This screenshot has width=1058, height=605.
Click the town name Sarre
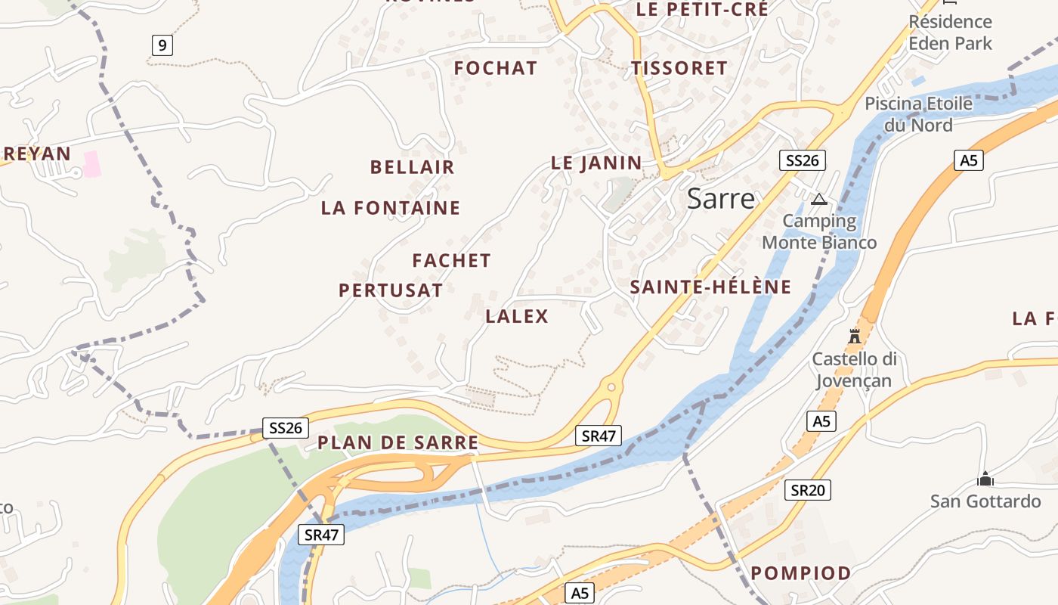pos(720,198)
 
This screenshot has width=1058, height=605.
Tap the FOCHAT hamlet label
pos(496,68)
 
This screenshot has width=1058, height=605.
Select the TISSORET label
pos(679,68)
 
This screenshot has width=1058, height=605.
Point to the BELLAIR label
pos(412,167)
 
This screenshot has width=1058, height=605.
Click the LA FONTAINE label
pos(391,208)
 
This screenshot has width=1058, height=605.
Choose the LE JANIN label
pos(596,163)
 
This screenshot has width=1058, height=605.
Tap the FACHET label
pos(451,261)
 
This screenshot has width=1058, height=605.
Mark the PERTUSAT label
pos(390,290)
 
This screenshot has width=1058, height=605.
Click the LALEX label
pos(517,316)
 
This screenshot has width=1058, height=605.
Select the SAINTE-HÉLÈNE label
pos(710,287)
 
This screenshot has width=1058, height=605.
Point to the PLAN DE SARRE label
pos(398,442)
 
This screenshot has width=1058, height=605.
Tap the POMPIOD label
pos(801,573)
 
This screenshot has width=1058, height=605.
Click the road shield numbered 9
pos(162,45)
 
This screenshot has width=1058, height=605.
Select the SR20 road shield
pos(807,490)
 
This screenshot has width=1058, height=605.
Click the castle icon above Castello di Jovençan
pos(855,336)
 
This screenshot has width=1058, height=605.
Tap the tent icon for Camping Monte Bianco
pos(818,200)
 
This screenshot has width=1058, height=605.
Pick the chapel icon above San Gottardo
pos(985,479)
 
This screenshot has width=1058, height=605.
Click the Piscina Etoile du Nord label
pos(918,113)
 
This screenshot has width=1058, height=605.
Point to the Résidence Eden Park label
pos(950,33)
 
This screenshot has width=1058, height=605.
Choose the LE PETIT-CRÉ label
pos(702,9)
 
